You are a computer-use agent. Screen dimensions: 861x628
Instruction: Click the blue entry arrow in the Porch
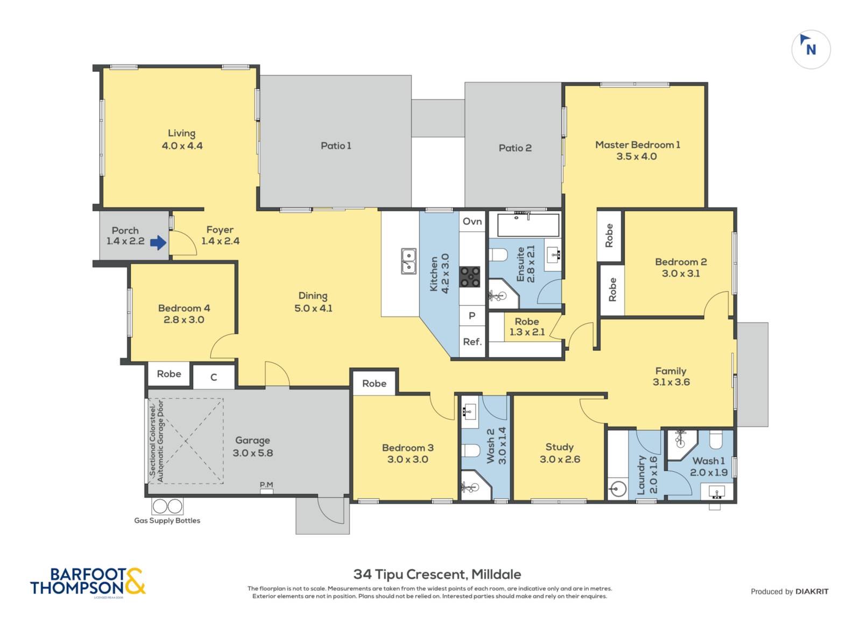click(x=158, y=243)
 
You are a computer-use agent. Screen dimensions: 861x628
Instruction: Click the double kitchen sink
click(x=408, y=262)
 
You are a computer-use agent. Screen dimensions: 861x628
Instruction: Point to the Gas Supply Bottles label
click(x=167, y=521)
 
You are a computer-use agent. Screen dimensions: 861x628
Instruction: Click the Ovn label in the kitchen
click(x=472, y=221)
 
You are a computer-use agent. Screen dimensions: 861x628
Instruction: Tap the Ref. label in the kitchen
click(x=472, y=342)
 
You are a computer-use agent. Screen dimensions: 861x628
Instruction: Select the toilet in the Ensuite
click(x=498, y=255)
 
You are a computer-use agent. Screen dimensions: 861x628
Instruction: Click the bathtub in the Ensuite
click(x=528, y=225)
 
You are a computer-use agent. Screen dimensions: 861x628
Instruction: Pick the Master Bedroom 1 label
click(x=637, y=145)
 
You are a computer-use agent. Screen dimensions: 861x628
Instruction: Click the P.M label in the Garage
click(x=266, y=485)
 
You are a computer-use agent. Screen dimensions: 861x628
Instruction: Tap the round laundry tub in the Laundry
click(x=618, y=489)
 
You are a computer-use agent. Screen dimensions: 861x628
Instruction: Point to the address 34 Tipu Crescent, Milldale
click(x=437, y=575)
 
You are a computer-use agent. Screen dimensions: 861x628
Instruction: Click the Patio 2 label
click(x=515, y=148)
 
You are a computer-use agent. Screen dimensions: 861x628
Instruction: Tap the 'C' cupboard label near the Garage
click(x=214, y=377)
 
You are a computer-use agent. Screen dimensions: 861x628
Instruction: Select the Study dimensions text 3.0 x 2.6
click(x=560, y=459)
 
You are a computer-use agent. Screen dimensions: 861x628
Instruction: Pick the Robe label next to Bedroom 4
click(x=169, y=374)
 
